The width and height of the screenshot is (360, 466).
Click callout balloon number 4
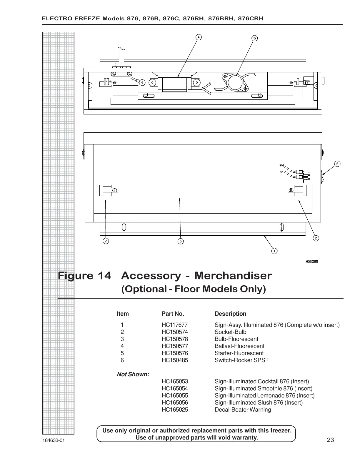(x=199, y=37)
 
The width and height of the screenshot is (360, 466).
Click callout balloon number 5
(x=255, y=38)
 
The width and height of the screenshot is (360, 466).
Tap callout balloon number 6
(x=337, y=164)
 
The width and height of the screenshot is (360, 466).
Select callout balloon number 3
(x=181, y=241)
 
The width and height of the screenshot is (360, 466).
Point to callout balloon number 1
(x=274, y=251)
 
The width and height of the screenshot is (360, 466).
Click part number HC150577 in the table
(x=175, y=346)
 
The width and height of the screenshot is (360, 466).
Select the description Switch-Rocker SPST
(x=241, y=360)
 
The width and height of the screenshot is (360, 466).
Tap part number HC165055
(x=175, y=395)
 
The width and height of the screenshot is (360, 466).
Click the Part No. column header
(x=173, y=314)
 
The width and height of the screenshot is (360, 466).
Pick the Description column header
(x=230, y=314)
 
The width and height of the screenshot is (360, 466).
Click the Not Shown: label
(x=133, y=374)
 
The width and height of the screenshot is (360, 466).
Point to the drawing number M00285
(x=311, y=261)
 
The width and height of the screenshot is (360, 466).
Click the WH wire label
(x=281, y=165)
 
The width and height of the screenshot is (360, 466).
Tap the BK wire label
(x=281, y=172)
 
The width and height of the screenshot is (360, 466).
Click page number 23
(x=330, y=440)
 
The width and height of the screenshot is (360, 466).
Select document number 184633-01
(x=53, y=440)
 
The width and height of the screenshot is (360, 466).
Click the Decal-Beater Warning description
(x=243, y=410)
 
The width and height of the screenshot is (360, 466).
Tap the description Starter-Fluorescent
(x=239, y=353)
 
